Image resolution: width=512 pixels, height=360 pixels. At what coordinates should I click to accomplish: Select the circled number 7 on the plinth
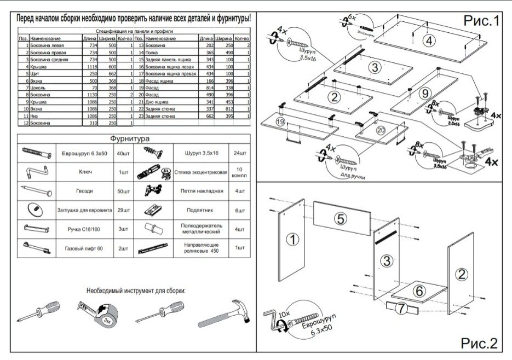point(402,308)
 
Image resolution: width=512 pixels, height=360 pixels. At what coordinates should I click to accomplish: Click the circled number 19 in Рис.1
point(280,121)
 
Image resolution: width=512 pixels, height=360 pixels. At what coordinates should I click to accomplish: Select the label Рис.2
point(479,343)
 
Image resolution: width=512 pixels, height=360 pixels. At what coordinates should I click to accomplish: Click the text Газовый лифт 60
point(80,248)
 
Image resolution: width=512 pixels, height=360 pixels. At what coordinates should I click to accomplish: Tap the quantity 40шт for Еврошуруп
point(123,152)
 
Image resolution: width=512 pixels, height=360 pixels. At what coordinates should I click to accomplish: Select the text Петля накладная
point(201,191)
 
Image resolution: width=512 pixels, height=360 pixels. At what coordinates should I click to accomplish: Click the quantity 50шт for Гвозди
point(123,191)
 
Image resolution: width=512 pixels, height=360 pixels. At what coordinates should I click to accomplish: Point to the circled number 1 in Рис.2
point(294,239)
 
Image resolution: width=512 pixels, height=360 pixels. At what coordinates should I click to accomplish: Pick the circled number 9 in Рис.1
point(425,94)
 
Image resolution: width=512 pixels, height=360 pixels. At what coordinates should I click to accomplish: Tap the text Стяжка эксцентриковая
point(200,172)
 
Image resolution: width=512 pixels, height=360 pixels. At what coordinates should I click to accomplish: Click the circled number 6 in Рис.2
point(417,291)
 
